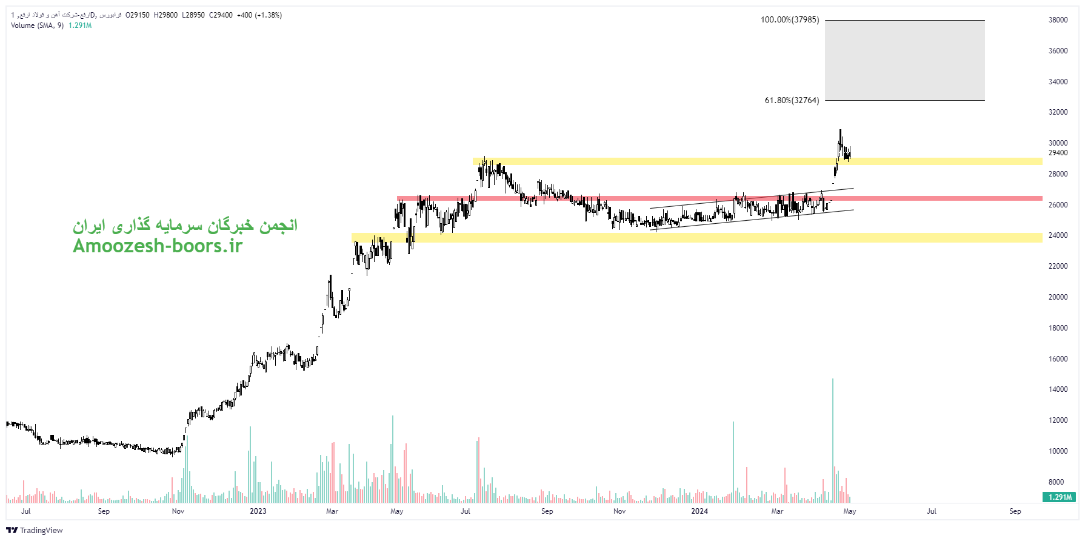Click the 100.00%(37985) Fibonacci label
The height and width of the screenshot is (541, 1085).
click(789, 20)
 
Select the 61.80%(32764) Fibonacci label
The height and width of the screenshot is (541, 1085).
click(791, 101)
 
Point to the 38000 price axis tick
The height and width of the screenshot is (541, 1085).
click(1058, 20)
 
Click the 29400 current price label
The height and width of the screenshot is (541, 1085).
click(1058, 153)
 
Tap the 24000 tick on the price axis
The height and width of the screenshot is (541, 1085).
click(1058, 235)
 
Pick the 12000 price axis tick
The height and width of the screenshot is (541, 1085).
click(1058, 420)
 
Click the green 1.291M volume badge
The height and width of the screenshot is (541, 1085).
click(1060, 497)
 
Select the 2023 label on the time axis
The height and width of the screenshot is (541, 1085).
click(258, 511)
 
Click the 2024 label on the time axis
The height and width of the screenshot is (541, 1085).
click(699, 511)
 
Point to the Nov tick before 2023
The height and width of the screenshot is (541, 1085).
click(178, 511)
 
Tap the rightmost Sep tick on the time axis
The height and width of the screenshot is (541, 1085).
click(1015, 511)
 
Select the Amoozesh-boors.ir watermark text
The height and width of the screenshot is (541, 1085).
click(158, 246)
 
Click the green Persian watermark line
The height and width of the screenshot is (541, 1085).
click(185, 226)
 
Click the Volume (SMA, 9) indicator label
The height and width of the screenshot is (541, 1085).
click(37, 25)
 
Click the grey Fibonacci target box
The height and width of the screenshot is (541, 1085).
click(904, 61)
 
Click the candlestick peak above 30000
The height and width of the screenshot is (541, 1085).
click(840, 131)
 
